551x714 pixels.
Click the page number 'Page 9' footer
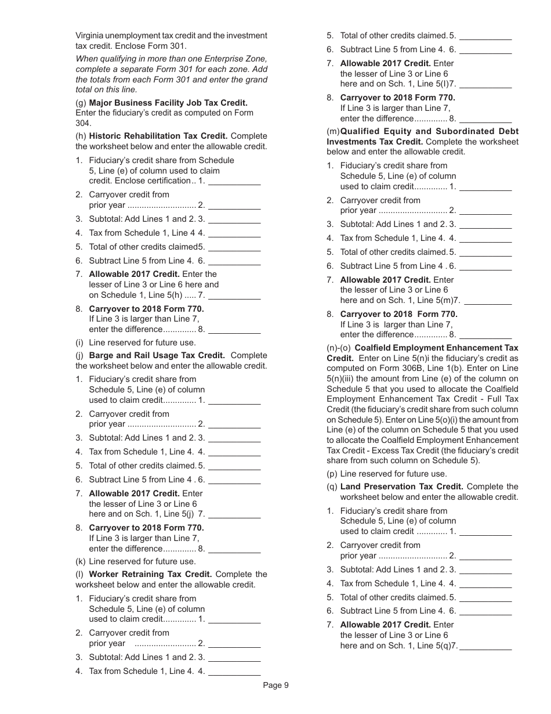coord(275,686)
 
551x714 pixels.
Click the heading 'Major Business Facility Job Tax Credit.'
coord(168,103)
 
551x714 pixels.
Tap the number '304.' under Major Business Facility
coord(83,123)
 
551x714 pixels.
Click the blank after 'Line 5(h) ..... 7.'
coord(234,296)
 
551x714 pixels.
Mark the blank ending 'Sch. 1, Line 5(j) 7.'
coord(234,515)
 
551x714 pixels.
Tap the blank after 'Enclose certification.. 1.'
coord(234,182)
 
